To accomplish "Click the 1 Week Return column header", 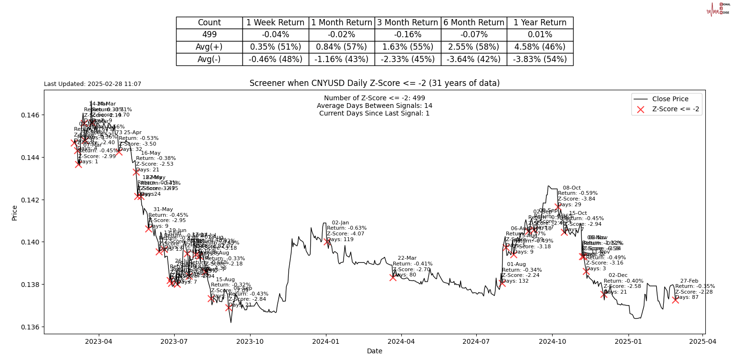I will (275, 22).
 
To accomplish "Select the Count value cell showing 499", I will (209, 35).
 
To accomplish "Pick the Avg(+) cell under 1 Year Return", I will (540, 47).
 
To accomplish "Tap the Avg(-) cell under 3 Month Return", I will (408, 59).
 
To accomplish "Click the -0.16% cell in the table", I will (408, 35).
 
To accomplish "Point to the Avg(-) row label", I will (209, 59).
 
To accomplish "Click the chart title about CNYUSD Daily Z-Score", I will (375, 83).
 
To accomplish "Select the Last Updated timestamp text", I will (93, 84).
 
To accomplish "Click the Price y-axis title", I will (14, 212).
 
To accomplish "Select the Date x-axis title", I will (375, 351).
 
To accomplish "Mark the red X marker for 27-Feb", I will (675, 300).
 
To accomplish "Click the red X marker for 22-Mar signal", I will (393, 277).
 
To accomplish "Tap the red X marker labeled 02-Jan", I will (327, 242).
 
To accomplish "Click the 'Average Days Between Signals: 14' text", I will (375, 106).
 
